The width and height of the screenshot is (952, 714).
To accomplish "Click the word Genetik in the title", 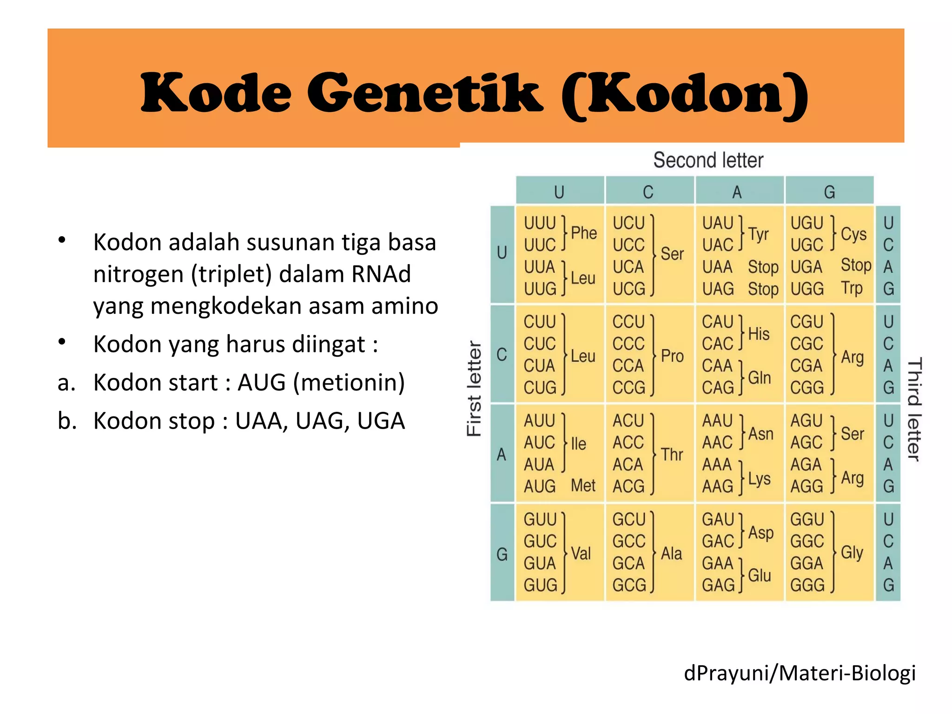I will [425, 93].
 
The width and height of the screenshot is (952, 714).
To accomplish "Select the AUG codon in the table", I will [539, 486].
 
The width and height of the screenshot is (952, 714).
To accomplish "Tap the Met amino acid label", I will [583, 486].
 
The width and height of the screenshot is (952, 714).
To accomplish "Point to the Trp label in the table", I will [852, 288].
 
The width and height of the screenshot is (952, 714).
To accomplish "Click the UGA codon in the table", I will [807, 267].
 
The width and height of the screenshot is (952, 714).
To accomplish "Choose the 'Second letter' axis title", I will [708, 160].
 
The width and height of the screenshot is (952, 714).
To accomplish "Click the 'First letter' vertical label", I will [474, 389].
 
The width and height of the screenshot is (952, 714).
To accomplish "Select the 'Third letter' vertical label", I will [914, 409].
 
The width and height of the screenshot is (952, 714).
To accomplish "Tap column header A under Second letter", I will [737, 192].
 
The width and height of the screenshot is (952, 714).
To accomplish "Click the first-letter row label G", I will [502, 554].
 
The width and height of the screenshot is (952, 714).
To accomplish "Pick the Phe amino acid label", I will [584, 233].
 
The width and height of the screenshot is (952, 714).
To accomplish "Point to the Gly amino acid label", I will [852, 552].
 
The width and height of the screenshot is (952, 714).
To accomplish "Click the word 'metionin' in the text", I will [349, 383].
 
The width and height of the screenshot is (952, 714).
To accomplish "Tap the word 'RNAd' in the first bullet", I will [381, 274].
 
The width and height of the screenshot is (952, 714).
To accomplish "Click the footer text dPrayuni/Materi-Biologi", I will [800, 673].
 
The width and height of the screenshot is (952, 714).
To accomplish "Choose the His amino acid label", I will [759, 334].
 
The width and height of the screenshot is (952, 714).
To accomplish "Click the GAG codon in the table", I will [718, 585].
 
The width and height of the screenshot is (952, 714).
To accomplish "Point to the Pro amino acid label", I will [672, 356].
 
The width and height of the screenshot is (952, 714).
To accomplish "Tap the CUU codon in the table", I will [539, 322].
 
